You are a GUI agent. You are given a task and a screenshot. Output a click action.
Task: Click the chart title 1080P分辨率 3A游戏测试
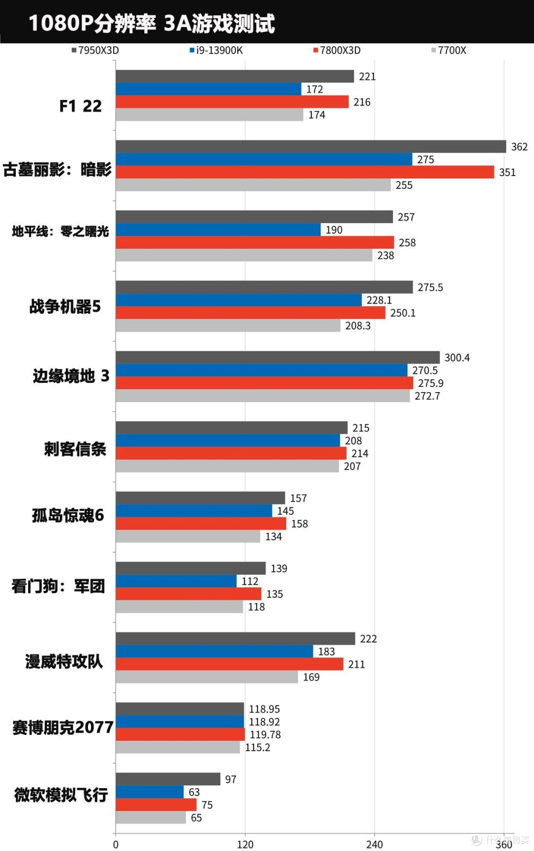pos(151,23)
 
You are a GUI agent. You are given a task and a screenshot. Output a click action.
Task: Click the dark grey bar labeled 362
pos(311,146)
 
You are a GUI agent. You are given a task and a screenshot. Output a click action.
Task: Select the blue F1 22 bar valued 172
pos(208,89)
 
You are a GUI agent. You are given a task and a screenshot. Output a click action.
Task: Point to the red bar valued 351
pos(305,172)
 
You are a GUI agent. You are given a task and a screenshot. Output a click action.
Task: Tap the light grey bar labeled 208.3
pos(228,325)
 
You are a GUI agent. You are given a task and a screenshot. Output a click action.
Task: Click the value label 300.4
pos(457,358)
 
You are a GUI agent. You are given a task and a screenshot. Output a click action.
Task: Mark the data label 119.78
pos(265,735)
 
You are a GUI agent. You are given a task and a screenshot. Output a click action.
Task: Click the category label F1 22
pos(80,106)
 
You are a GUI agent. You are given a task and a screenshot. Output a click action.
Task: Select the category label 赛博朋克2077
pos(63,727)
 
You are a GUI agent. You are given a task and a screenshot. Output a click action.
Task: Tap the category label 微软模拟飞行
pos(61,795)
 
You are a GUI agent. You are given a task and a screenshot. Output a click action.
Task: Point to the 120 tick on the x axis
pos(245,844)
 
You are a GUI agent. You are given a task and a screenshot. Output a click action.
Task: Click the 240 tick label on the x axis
pos(374,844)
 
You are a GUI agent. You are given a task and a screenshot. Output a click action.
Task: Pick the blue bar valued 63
pos(150,792)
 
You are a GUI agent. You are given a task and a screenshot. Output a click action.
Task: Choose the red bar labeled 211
pos(229,664)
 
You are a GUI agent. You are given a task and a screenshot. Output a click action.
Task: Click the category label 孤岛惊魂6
pos(68,515)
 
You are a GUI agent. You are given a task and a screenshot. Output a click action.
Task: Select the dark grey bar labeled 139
pos(190,568)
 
